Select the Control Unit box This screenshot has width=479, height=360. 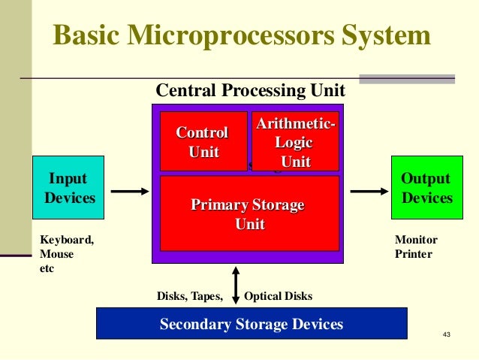pos(203,141)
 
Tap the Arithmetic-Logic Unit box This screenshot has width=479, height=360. pos(295,142)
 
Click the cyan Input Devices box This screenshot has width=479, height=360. pos(68,188)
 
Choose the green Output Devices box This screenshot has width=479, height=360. pos(425,188)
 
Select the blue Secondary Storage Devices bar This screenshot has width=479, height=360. pos(252,324)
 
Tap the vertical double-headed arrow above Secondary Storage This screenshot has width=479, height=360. pos(236,285)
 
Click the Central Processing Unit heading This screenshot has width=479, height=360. pos(250,91)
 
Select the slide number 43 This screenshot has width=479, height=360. pos(447,334)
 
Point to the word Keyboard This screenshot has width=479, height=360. pos(66,240)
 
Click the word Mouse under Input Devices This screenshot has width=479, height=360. pos(56,254)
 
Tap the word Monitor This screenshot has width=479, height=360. pos(416,240)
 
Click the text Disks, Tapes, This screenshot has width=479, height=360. pos(189,296)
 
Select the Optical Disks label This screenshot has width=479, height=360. pos(278,296)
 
